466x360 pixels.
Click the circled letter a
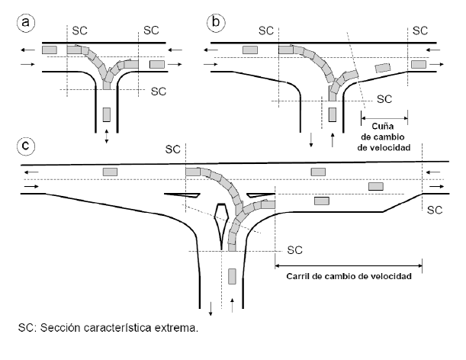click(27, 24)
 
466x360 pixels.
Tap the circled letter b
click(217, 24)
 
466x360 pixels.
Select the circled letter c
click(27, 144)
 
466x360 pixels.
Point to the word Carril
click(302, 275)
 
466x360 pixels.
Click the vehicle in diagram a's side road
click(106, 115)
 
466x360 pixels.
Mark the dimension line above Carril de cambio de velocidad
click(348, 264)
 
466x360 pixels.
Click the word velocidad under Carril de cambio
click(389, 275)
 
